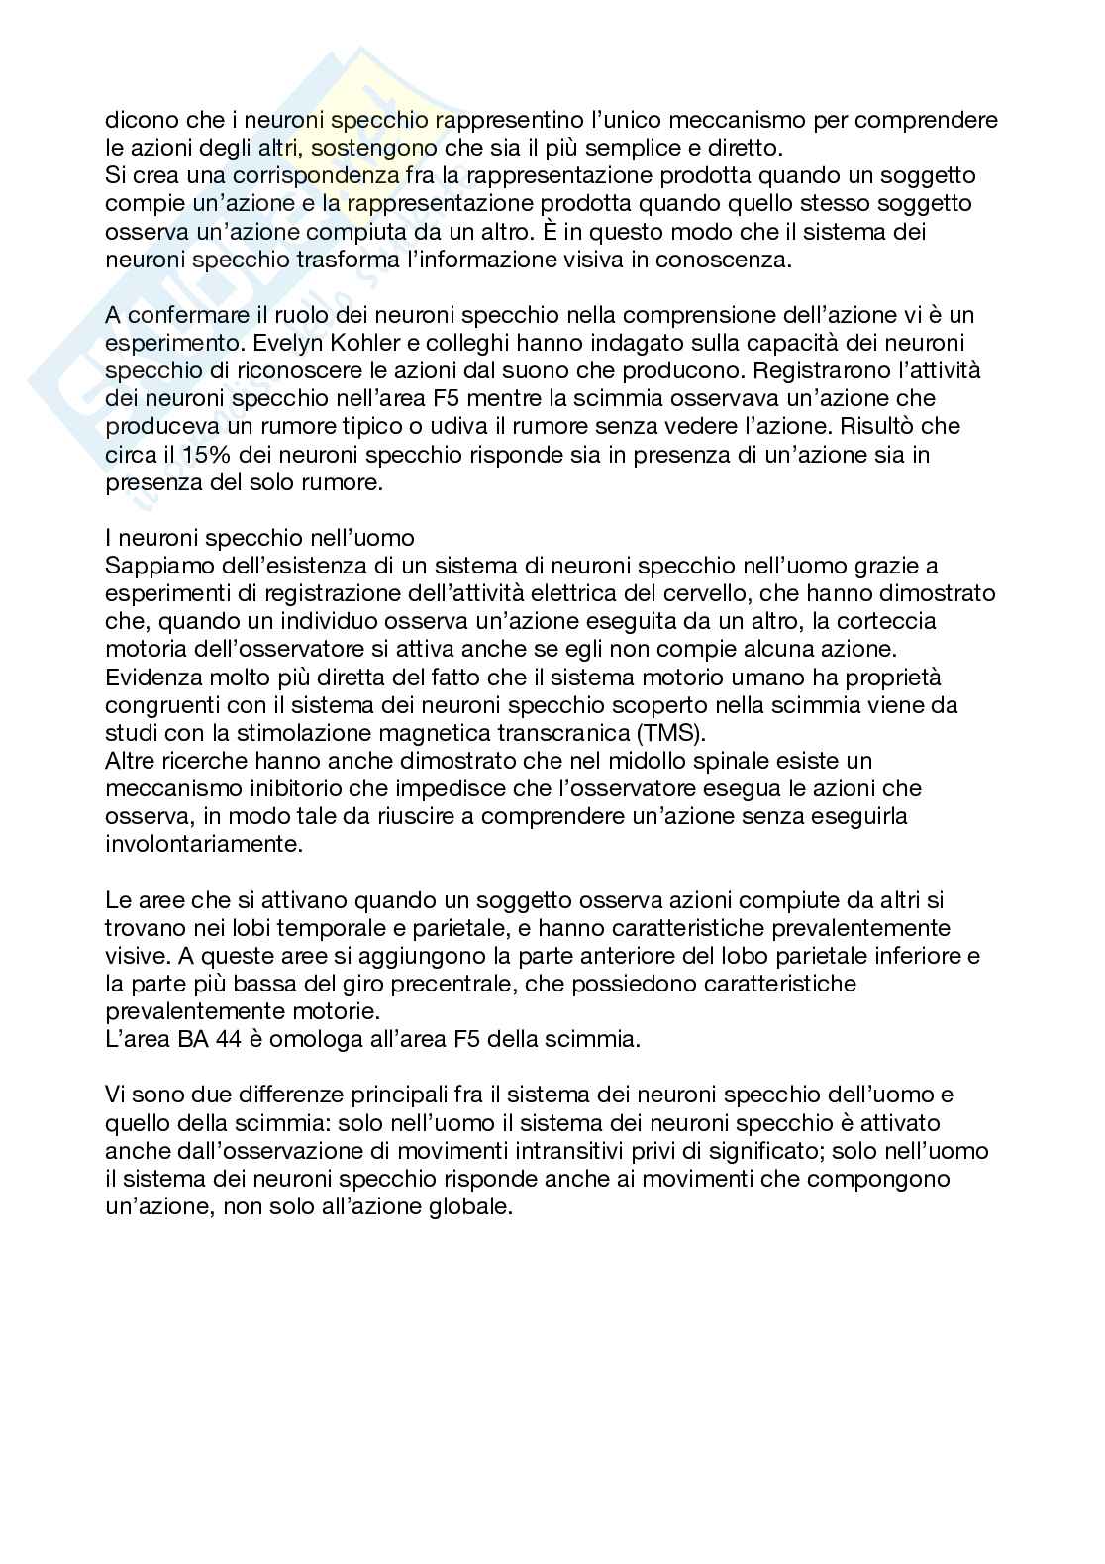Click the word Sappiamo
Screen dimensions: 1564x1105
coord(155,566)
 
